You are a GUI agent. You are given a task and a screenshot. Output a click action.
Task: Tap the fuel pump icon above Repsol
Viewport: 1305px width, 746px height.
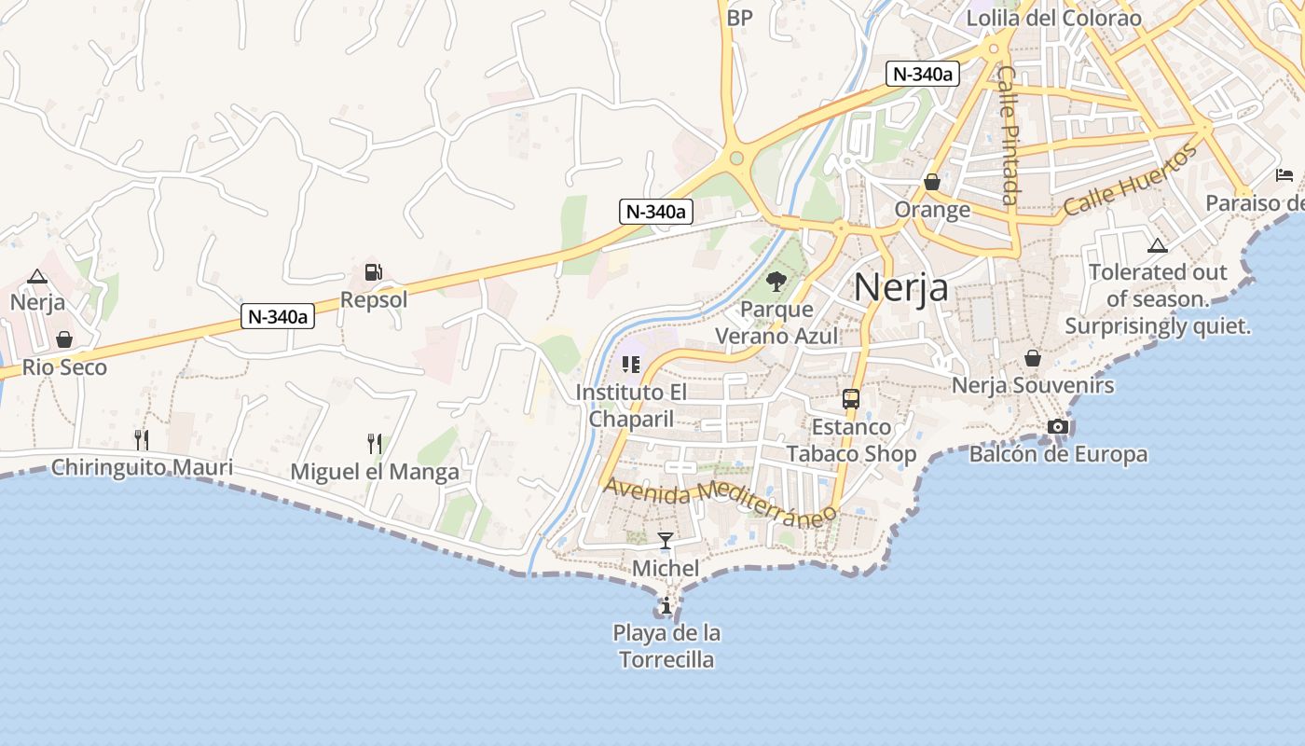373,272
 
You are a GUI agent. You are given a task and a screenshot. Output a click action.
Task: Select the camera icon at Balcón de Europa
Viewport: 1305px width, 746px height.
1058,427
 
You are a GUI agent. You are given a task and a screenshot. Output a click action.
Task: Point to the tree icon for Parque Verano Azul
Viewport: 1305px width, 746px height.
776,281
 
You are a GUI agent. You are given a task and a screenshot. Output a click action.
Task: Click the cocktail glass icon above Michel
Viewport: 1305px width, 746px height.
666,540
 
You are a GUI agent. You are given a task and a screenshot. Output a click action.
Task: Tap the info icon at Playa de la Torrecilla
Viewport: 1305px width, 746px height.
666,607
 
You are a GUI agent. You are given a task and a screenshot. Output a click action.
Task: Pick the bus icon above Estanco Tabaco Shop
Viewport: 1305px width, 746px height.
851,399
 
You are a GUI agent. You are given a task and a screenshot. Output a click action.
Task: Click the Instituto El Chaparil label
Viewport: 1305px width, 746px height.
631,405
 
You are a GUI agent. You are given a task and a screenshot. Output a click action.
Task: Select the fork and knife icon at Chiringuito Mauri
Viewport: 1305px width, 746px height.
142,439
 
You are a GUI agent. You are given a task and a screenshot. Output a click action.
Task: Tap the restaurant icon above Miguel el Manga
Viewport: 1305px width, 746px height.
375,444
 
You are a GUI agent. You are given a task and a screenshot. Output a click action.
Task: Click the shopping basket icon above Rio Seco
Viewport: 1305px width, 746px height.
64,339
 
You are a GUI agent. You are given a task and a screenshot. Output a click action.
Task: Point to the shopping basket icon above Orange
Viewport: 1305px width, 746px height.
932,182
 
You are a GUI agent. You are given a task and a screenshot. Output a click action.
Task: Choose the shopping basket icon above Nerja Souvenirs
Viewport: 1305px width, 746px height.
1033,358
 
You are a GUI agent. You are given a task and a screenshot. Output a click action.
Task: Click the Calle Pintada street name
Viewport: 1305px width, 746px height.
1008,134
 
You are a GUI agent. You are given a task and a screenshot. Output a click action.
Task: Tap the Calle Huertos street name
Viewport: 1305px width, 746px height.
1129,182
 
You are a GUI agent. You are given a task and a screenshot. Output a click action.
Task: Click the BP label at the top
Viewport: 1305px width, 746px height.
739,18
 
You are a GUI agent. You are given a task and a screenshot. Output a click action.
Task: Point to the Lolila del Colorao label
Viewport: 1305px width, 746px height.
1053,18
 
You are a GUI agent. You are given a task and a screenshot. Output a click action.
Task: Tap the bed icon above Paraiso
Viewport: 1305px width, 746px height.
1284,175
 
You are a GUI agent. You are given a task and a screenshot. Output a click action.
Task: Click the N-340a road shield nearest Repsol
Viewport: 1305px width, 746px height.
278,316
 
